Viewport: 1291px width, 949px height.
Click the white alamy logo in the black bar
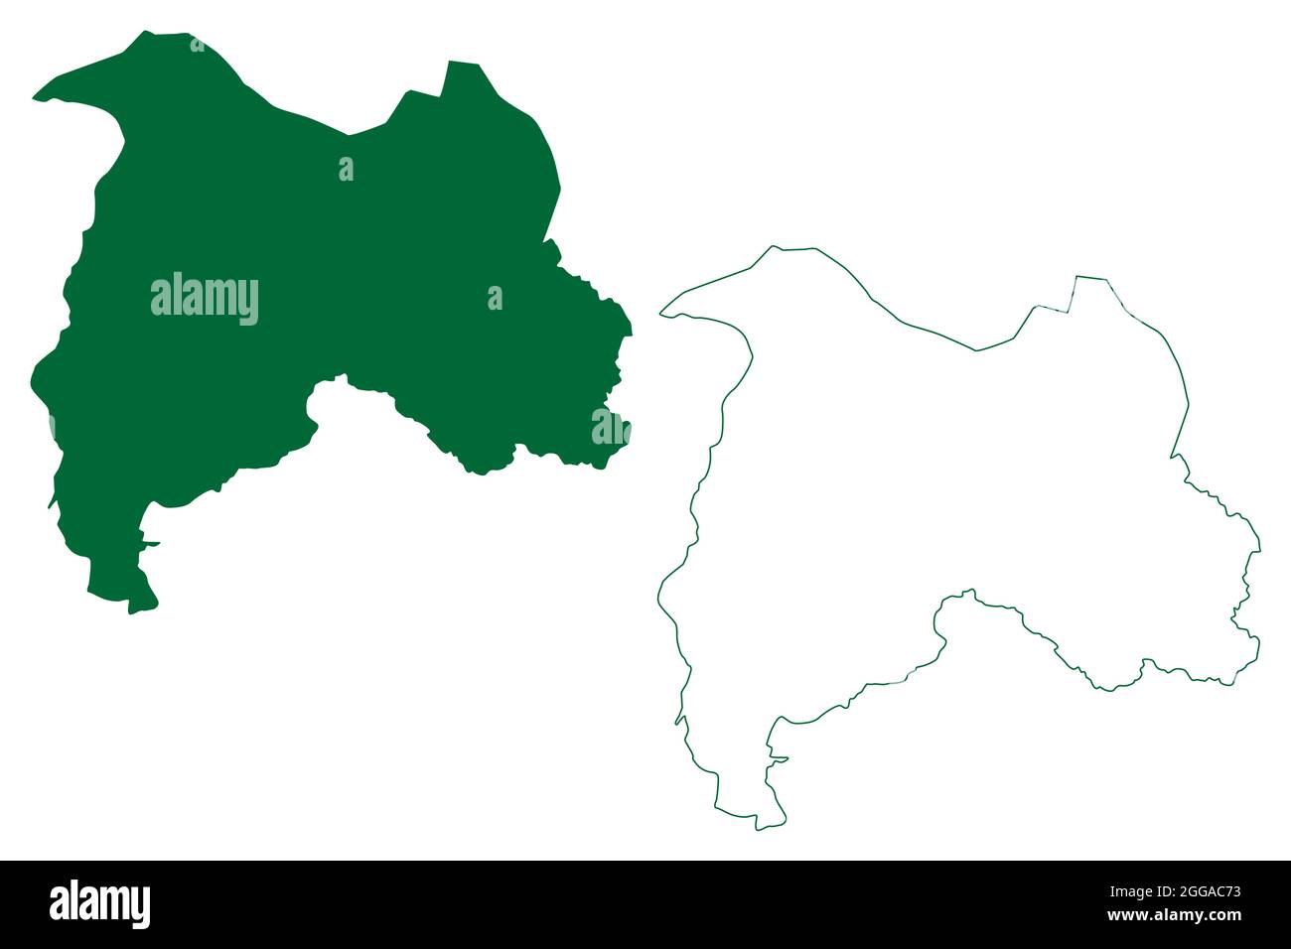(99, 904)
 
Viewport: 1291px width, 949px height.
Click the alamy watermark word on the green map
(205, 298)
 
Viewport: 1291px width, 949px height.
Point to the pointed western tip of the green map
(36, 98)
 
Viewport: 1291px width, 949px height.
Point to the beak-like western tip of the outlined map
(662, 315)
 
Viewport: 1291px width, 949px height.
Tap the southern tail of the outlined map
(759, 825)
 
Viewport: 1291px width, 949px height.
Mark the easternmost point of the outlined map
(1259, 548)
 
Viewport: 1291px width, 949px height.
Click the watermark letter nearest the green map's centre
(346, 170)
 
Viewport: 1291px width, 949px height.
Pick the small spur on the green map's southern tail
(153, 542)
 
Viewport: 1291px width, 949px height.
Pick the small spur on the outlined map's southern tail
(783, 759)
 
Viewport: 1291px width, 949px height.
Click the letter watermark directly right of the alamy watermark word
(495, 298)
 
